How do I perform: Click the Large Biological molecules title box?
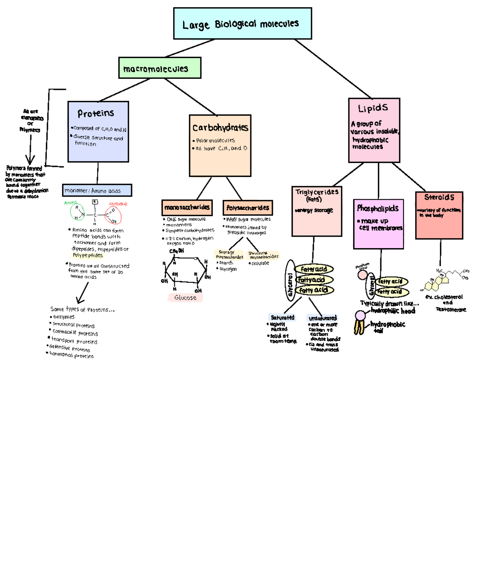coord(242,24)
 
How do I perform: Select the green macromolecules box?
coord(160,68)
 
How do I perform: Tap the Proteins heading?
coord(96,113)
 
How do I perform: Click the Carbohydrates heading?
coord(220,128)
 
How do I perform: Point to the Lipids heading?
coord(373,108)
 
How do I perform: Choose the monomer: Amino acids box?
coord(97,191)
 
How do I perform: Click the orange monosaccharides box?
coord(187,207)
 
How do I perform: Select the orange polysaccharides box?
coord(248,208)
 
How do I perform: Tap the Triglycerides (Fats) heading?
coord(317,195)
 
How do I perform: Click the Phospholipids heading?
coord(378,208)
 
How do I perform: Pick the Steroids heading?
coord(439,197)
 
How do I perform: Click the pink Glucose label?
coord(185,298)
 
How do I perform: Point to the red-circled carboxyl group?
coord(113,215)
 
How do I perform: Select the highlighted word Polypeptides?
coord(88,255)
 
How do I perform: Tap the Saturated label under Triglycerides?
coord(282,317)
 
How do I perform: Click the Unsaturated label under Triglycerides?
coord(322,318)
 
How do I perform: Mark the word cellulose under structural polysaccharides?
coord(260,263)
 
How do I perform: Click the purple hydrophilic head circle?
coord(360,316)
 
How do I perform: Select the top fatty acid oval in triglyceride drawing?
coord(314,269)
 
